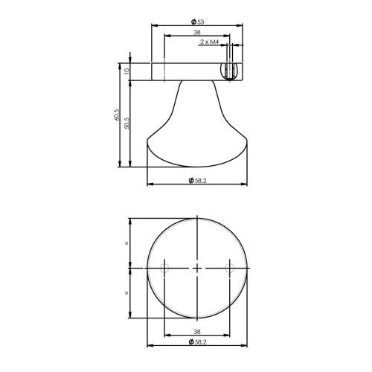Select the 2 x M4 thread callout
pos(209,42)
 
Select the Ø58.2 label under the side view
pos(198,179)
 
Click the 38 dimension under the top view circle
pos(197,333)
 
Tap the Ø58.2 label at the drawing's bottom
pos(198,341)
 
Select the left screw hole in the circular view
pos(164,267)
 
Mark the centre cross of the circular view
pos(197,267)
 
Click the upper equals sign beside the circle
pos(127,243)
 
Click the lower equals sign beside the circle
pos(127,292)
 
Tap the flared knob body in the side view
pos(197,126)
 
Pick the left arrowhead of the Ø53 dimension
pos(154,25)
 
